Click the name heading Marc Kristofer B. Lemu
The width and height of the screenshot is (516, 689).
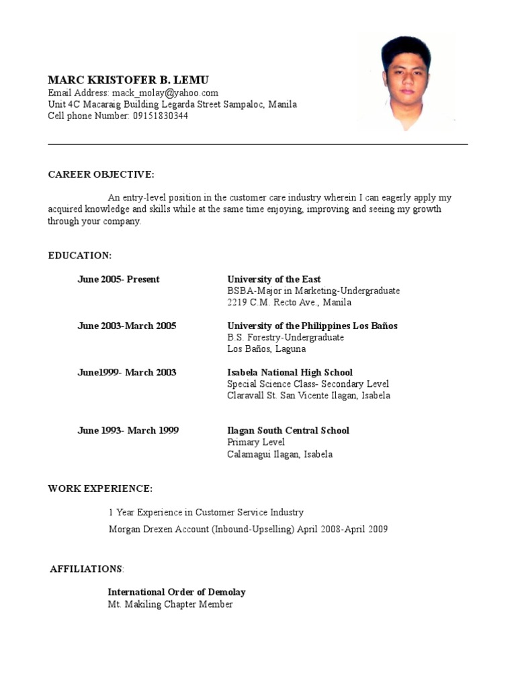pyautogui.click(x=128, y=80)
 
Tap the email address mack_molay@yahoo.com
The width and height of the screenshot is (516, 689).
pyautogui.click(x=165, y=93)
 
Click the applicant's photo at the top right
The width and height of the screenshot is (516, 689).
pyautogui.click(x=406, y=81)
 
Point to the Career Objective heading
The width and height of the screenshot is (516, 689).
pyautogui.click(x=101, y=175)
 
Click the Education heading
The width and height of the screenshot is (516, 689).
pyautogui.click(x=79, y=256)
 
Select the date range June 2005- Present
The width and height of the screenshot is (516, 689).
pyautogui.click(x=118, y=279)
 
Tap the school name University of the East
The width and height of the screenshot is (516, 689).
pyautogui.click(x=274, y=279)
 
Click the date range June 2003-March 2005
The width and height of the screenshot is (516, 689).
pyautogui.click(x=127, y=326)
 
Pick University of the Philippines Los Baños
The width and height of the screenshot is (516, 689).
pyautogui.click(x=312, y=326)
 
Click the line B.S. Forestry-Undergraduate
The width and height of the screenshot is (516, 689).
pyautogui.click(x=286, y=337)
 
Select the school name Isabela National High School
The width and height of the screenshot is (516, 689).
pyautogui.click(x=290, y=372)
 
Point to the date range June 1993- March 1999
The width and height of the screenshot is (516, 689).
pyautogui.click(x=128, y=431)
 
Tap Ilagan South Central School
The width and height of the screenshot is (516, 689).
pyautogui.click(x=288, y=431)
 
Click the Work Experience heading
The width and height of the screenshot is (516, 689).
pyautogui.click(x=100, y=488)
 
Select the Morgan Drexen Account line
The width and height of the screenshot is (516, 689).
pyautogui.click(x=248, y=529)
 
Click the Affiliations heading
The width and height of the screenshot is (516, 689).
pyautogui.click(x=87, y=569)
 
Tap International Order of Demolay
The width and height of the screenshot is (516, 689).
pyautogui.click(x=177, y=592)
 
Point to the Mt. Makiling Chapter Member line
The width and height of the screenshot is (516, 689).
pyautogui.click(x=171, y=604)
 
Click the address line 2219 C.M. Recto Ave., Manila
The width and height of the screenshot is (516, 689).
pyautogui.click(x=289, y=302)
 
